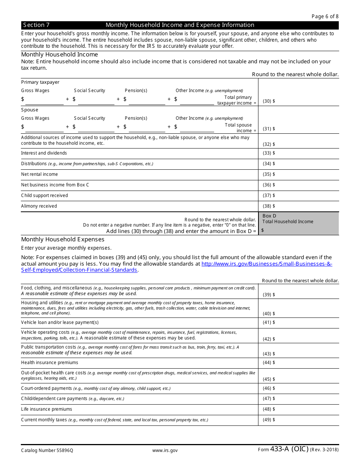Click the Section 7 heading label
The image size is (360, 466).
click(x=36, y=25)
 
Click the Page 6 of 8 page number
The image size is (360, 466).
click(x=325, y=16)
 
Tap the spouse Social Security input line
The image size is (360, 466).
click(x=96, y=128)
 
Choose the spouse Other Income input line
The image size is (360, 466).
click(x=197, y=128)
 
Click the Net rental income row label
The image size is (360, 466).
click(x=39, y=174)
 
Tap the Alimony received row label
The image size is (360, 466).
click(x=39, y=206)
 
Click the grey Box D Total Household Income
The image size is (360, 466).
click(x=299, y=224)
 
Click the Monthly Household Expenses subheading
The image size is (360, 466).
click(x=63, y=239)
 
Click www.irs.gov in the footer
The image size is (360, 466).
click(x=165, y=450)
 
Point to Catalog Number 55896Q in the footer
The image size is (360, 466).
click(x=47, y=450)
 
